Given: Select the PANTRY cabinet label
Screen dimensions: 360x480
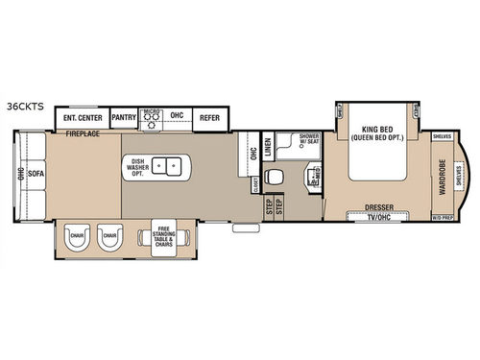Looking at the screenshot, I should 124,117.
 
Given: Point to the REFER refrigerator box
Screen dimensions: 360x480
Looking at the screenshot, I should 208,117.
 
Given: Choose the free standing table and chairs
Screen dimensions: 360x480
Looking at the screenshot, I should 158,236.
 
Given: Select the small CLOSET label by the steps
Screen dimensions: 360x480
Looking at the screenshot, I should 255,182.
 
